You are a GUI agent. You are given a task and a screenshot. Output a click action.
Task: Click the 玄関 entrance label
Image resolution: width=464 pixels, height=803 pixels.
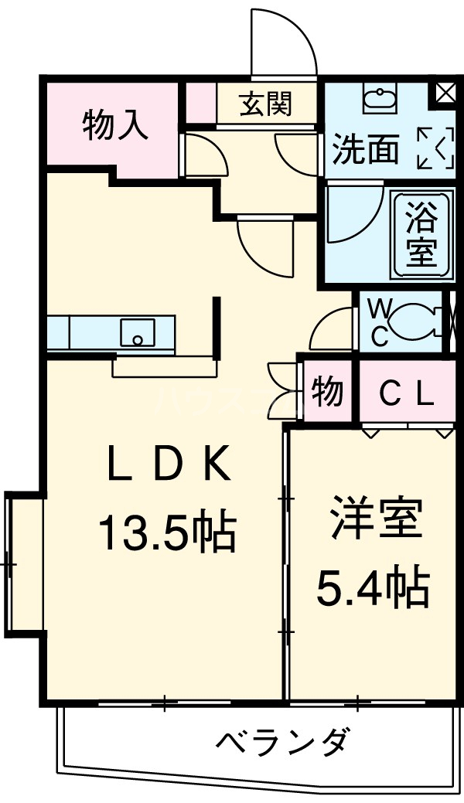click(x=265, y=104)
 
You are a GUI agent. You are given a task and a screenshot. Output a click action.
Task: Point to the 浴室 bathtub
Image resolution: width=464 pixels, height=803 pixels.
click(x=421, y=233)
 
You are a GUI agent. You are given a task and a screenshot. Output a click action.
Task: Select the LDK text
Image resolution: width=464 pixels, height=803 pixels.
click(x=169, y=465)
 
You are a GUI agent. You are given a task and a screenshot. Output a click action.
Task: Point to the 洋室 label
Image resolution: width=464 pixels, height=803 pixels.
click(x=377, y=519)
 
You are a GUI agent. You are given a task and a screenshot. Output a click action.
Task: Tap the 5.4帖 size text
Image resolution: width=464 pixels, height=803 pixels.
click(x=371, y=588)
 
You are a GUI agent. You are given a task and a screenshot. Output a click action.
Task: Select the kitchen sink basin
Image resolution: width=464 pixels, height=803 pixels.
click(x=137, y=333)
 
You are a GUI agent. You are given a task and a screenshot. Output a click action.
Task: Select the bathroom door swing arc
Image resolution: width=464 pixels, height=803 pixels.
click(x=353, y=211)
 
